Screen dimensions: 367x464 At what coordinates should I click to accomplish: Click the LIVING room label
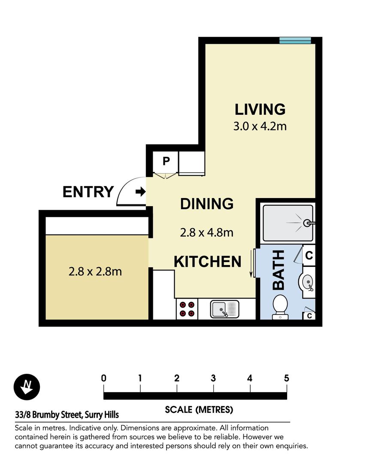[260, 109]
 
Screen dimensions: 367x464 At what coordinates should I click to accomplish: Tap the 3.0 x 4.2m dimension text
[260, 126]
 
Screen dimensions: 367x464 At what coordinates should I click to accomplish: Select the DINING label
[207, 204]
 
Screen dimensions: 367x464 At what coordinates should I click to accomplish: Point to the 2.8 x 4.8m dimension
[207, 232]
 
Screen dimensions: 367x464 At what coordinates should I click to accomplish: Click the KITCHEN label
[208, 262]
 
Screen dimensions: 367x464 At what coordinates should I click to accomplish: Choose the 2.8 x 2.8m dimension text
[95, 272]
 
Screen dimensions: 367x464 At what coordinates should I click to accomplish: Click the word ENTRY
[88, 192]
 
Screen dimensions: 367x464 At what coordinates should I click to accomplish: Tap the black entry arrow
[140, 192]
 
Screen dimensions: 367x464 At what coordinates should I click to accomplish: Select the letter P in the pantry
[166, 161]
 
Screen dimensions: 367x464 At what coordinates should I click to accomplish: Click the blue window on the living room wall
[295, 40]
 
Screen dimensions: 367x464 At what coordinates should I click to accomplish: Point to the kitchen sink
[225, 309]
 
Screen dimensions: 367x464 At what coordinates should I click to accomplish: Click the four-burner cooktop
[187, 309]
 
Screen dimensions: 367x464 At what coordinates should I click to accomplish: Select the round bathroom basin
[307, 281]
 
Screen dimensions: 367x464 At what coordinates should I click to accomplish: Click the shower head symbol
[308, 223]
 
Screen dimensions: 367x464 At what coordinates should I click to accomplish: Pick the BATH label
[279, 270]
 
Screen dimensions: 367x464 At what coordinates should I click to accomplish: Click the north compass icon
[27, 387]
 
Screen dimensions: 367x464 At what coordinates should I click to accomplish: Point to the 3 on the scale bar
[213, 378]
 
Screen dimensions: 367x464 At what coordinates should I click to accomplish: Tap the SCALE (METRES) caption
[199, 409]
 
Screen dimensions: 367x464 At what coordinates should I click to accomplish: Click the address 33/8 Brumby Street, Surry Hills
[67, 415]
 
